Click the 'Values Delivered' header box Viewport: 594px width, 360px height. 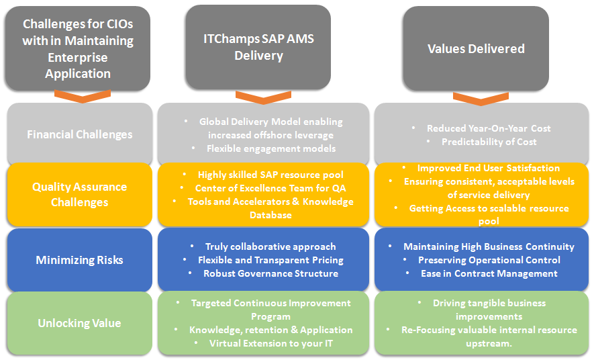click(476, 48)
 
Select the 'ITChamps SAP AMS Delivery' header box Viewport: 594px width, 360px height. click(258, 47)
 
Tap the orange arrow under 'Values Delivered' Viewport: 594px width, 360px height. click(481, 99)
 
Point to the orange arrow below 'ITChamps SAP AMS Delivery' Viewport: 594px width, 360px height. click(263, 97)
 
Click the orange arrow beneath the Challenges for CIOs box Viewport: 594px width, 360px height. click(83, 96)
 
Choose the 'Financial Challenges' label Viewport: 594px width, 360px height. click(80, 134)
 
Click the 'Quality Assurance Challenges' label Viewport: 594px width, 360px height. click(80, 194)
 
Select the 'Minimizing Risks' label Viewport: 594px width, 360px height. click(80, 260)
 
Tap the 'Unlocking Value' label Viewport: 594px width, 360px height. click(80, 323)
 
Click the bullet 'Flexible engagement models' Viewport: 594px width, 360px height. click(271, 148)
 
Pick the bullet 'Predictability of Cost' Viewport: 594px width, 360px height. click(489, 142)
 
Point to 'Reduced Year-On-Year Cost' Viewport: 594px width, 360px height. click(489, 128)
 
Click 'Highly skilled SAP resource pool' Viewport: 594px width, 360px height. click(270, 175)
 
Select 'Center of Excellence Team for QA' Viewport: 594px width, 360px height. click(270, 188)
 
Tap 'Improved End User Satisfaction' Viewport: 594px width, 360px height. click(489, 168)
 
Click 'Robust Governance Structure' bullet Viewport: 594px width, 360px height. click(271, 273)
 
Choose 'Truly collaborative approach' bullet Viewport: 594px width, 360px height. click(270, 246)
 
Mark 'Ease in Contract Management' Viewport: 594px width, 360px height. click(489, 273)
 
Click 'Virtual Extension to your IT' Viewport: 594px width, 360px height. click(271, 343)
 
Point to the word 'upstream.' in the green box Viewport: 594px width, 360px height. click(489, 344)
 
